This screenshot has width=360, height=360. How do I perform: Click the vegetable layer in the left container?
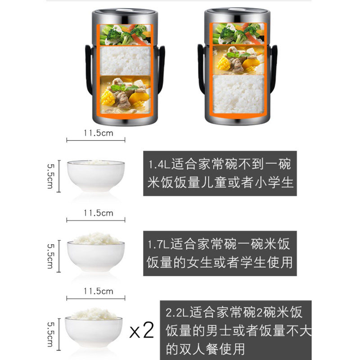click(126, 35)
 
